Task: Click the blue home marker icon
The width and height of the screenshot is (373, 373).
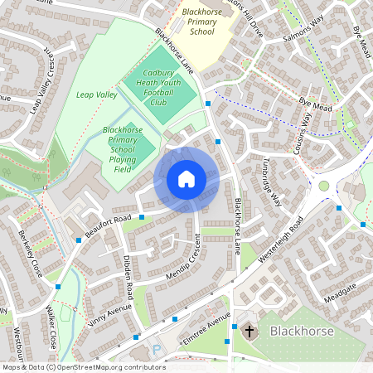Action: [186, 179]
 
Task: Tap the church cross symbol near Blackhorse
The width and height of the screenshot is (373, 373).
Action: [249, 331]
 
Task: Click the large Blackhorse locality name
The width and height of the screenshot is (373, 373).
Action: [303, 331]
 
